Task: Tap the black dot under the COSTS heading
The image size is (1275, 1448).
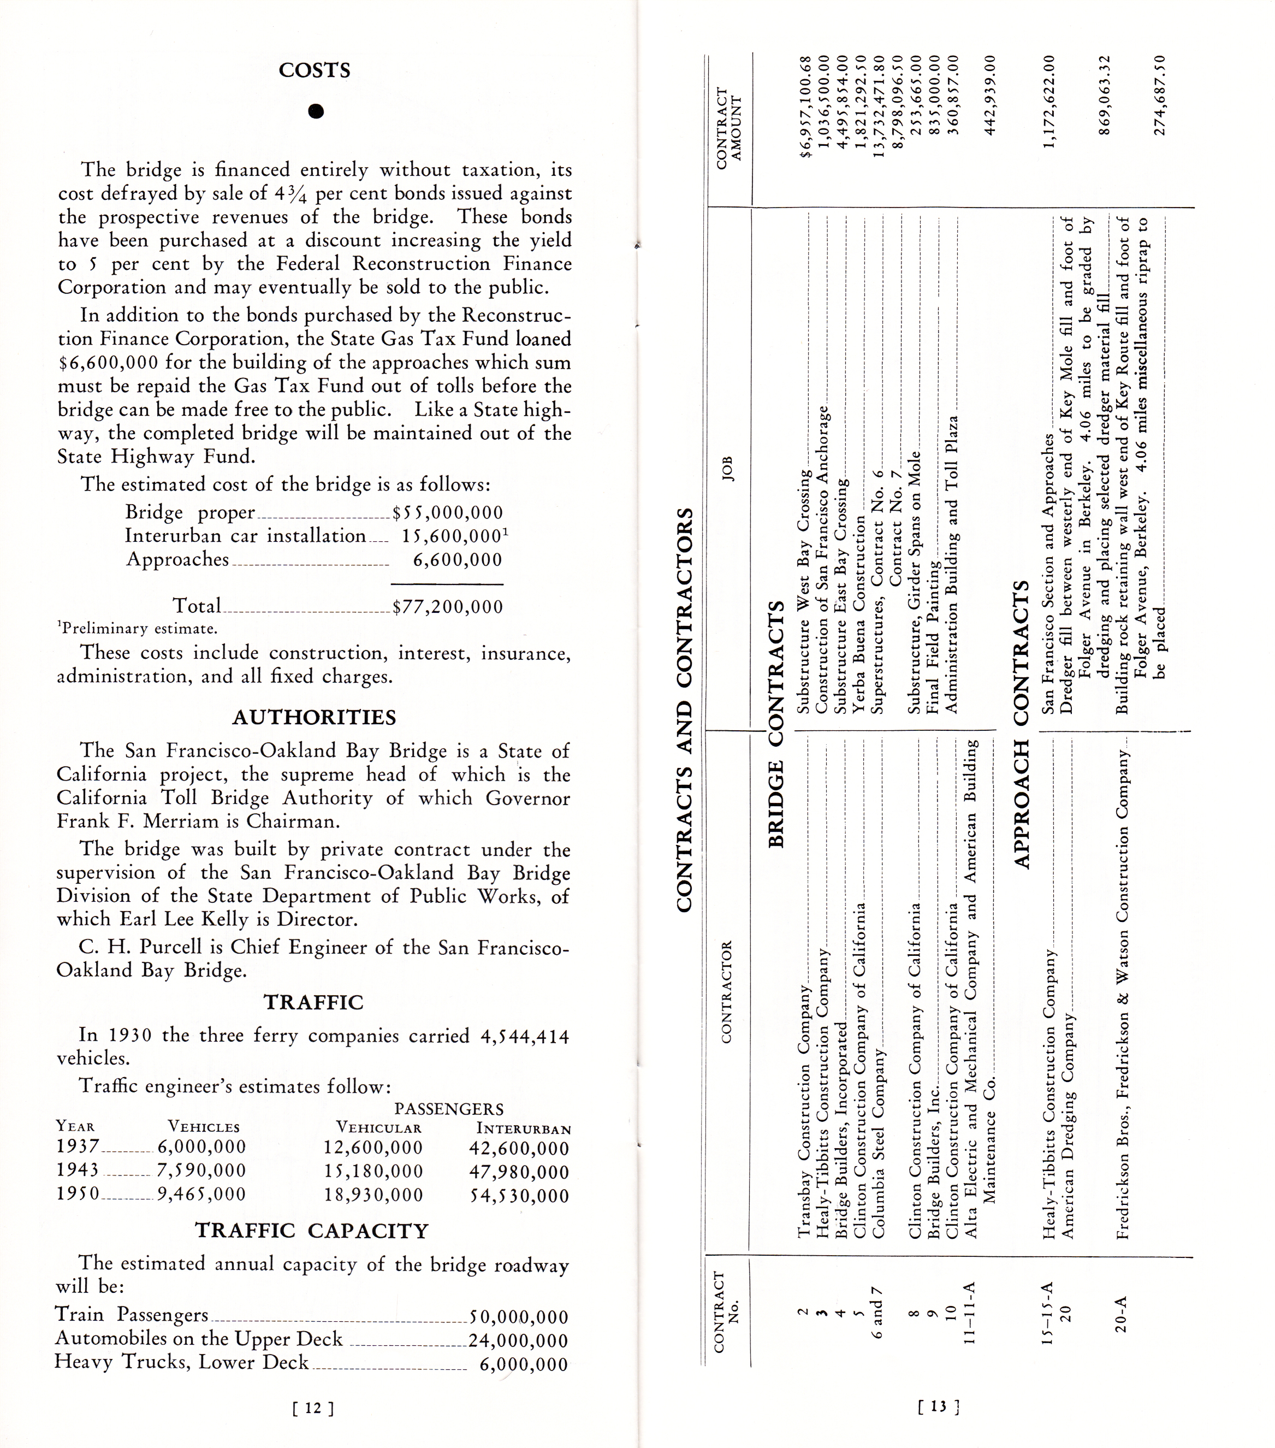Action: [316, 111]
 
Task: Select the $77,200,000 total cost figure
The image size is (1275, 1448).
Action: [448, 606]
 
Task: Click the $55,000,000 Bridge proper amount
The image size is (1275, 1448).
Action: [448, 512]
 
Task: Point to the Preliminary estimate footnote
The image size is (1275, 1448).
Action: [138, 628]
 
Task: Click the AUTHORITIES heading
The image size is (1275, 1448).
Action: [314, 718]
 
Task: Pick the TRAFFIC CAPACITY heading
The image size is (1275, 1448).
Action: [312, 1231]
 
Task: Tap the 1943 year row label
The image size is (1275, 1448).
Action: [78, 1171]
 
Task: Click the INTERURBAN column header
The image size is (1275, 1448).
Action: [524, 1128]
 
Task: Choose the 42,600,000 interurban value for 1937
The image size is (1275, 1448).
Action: [519, 1148]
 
